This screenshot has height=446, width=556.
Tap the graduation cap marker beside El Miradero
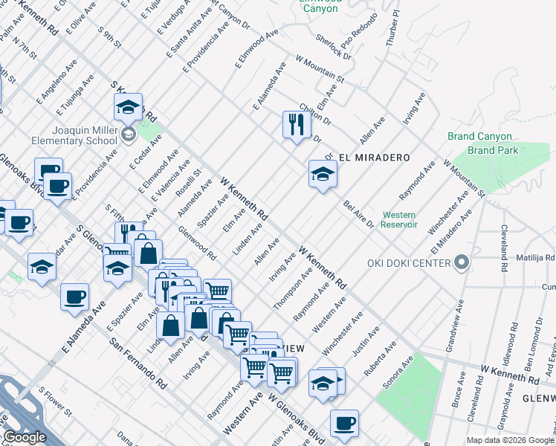tap(323, 175)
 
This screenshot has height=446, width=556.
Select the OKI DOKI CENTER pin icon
tap(462, 263)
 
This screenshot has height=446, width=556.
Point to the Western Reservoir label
tap(398, 219)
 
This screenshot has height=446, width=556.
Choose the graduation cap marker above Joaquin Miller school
tap(129, 108)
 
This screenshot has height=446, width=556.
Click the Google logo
tap(24, 437)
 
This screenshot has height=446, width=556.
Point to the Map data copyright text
tap(510, 440)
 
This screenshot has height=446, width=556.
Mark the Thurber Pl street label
tap(392, 29)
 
